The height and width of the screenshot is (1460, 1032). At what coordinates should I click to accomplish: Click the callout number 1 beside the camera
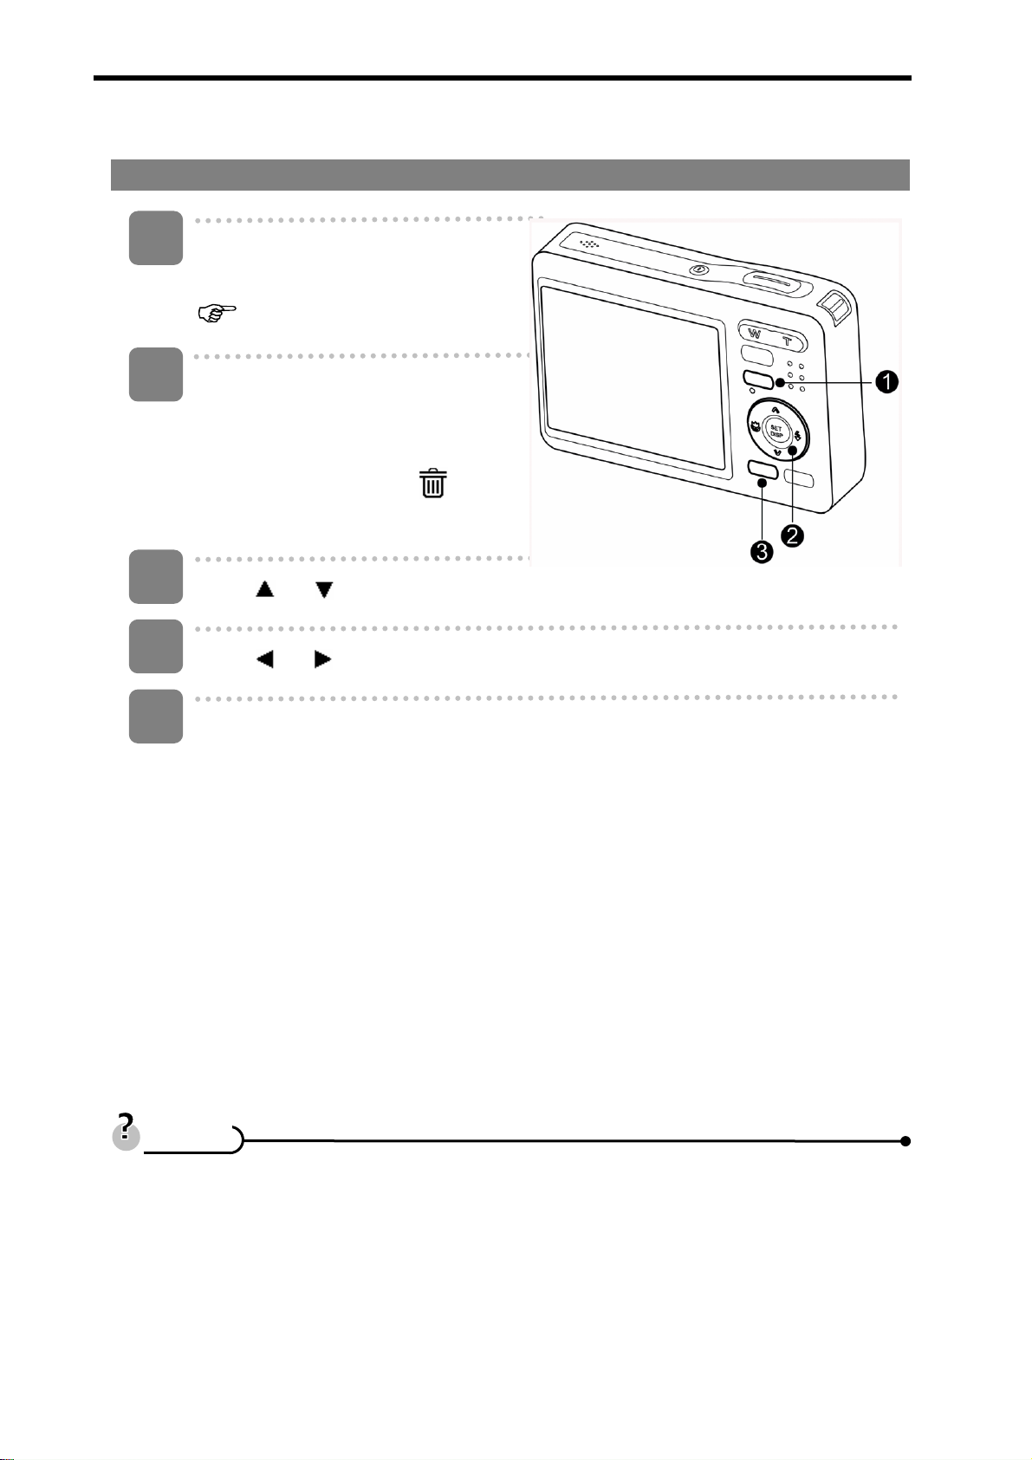click(885, 382)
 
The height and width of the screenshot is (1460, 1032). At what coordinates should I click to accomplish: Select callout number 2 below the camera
click(792, 535)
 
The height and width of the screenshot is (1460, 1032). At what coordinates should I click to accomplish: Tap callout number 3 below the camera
click(762, 552)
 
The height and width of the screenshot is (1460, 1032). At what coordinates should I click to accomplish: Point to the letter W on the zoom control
click(754, 335)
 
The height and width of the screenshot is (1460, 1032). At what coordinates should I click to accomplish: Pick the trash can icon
click(433, 483)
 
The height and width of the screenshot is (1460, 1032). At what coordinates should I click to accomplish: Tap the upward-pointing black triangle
click(264, 590)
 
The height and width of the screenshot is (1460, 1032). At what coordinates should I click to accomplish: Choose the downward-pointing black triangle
click(324, 590)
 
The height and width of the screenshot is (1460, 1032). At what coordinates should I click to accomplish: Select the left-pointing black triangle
click(264, 659)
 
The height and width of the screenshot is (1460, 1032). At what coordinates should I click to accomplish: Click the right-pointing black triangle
click(323, 659)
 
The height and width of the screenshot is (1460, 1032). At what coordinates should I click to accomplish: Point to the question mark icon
click(127, 1132)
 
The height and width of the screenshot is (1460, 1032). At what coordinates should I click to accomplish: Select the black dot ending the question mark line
click(905, 1141)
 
